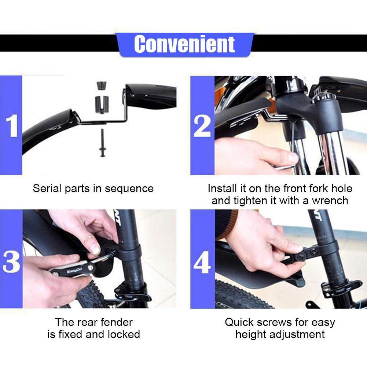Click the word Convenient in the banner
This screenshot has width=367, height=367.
pyautogui.click(x=184, y=44)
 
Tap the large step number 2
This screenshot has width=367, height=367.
pyautogui.click(x=202, y=126)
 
